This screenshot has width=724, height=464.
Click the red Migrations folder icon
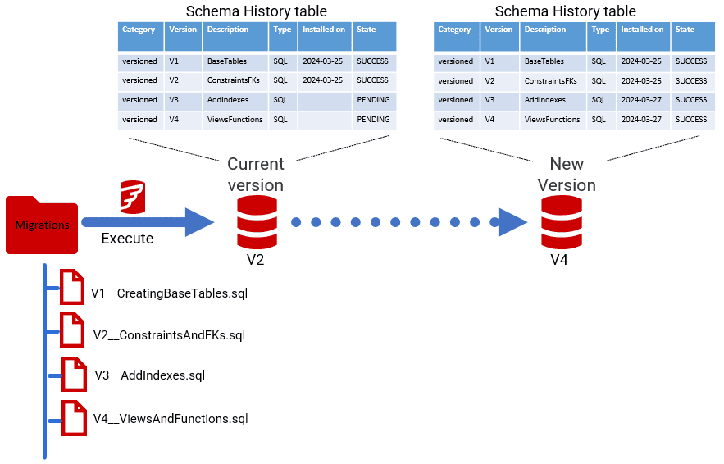[x=41, y=225]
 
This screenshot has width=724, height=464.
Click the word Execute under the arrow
[x=127, y=239]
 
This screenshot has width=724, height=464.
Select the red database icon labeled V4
[x=558, y=222]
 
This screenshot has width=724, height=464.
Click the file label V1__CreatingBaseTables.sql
[x=169, y=293]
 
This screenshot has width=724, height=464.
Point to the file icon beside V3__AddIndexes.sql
[x=75, y=374]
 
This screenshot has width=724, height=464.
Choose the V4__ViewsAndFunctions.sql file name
[x=170, y=419]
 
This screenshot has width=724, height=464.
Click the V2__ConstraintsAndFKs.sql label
[x=169, y=335]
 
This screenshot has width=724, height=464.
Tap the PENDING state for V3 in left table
[x=373, y=100]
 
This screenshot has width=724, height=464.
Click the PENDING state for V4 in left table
[x=373, y=120]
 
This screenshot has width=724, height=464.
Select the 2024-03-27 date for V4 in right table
[x=642, y=120]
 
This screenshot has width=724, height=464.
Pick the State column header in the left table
[x=367, y=30]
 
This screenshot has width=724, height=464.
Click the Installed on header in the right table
[x=642, y=30]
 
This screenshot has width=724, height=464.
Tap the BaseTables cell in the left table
[x=226, y=61]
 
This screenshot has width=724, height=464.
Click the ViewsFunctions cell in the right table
[x=552, y=120]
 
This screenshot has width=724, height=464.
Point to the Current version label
[x=255, y=174]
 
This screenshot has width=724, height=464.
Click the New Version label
[x=567, y=174]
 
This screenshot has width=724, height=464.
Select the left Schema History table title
[x=256, y=11]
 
